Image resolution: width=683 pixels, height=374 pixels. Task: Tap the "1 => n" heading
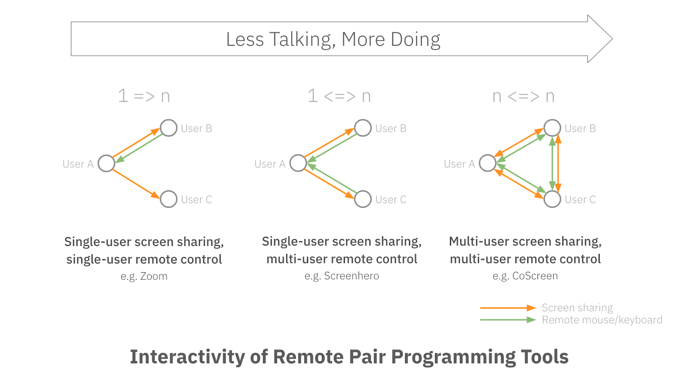(144, 96)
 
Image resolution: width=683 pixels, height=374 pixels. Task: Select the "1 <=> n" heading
(339, 96)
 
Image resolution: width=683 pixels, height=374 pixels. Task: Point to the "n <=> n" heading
(523, 96)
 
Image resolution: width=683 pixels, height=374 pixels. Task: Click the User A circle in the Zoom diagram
(106, 163)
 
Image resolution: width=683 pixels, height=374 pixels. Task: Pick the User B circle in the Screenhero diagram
(363, 128)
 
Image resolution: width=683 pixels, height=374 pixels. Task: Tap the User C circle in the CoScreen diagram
(552, 199)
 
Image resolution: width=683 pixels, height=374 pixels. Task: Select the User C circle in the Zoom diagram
(169, 199)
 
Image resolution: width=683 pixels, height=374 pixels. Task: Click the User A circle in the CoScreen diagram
(487, 163)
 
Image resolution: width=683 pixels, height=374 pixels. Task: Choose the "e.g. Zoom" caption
(144, 276)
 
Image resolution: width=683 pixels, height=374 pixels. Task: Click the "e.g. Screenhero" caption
(341, 276)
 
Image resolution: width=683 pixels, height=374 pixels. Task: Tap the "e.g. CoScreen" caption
(525, 276)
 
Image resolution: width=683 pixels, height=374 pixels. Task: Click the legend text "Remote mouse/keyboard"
(602, 320)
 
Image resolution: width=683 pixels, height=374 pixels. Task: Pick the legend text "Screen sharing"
(577, 308)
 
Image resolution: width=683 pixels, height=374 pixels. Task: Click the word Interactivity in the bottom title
(187, 357)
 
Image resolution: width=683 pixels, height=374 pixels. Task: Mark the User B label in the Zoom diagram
(196, 129)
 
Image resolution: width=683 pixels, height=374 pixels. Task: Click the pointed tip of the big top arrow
(611, 39)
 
